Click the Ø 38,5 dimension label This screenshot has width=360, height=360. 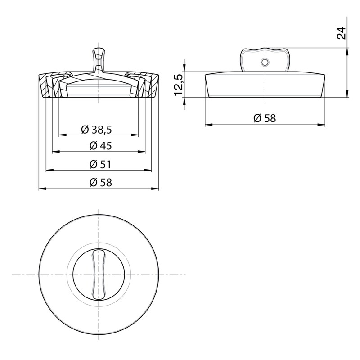96,130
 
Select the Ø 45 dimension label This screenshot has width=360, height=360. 100,146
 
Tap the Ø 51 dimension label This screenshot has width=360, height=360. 100,164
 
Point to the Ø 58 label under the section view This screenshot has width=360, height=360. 100,183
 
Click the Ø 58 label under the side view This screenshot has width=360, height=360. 265,118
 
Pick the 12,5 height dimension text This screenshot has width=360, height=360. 179,85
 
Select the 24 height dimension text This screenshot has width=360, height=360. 341,33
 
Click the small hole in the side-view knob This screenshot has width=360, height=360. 265,62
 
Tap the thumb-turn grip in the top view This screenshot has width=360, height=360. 99,274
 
